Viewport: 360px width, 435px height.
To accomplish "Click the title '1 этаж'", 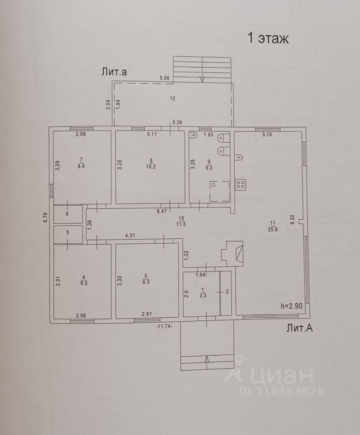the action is tap(268, 38).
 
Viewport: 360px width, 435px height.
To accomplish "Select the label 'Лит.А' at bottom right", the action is tap(299, 329).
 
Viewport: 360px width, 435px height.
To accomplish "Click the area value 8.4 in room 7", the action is tap(82, 165).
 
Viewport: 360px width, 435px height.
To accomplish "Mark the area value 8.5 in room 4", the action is tap(83, 282).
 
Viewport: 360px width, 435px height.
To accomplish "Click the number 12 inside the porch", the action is tap(172, 98).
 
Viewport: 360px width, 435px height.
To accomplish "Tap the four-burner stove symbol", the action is tap(241, 184).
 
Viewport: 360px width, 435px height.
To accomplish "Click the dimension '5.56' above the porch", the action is tap(164, 78).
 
